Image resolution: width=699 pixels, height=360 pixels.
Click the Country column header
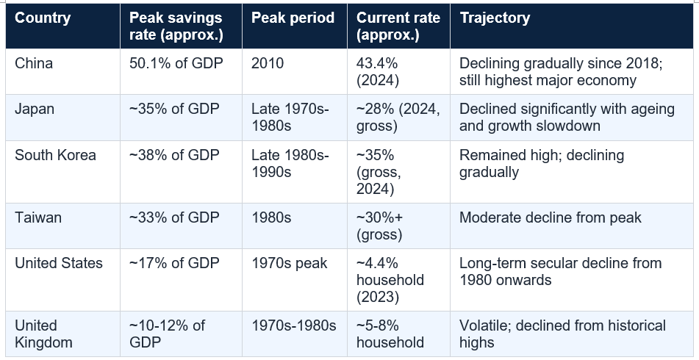click(43, 18)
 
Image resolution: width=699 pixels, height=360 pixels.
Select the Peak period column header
click(293, 18)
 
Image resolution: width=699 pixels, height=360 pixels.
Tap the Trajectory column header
click(495, 18)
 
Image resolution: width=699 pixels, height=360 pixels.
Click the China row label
click(34, 63)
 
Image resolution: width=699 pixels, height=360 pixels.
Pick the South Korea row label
click(55, 155)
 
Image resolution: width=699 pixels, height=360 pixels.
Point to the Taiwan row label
click(38, 217)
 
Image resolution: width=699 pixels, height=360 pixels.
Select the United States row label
click(59, 263)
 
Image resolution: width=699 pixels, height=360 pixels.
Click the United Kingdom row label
click(43, 334)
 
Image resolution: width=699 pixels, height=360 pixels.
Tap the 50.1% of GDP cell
click(176, 63)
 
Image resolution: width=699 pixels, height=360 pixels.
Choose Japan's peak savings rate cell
click(174, 109)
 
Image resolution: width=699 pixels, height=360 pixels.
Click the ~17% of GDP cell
click(174, 263)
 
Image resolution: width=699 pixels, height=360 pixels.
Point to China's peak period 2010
click(268, 63)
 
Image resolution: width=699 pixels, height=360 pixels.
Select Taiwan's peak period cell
click(271, 217)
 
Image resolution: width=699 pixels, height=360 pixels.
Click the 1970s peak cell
click(290, 263)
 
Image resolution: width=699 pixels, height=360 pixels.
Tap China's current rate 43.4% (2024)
click(378, 72)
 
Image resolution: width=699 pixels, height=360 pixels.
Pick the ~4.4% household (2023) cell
click(390, 280)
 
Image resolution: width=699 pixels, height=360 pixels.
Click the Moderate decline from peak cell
click(551, 217)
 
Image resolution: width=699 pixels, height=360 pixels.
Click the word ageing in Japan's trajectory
click(653, 109)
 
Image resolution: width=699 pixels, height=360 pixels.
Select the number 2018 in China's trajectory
click(642, 63)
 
